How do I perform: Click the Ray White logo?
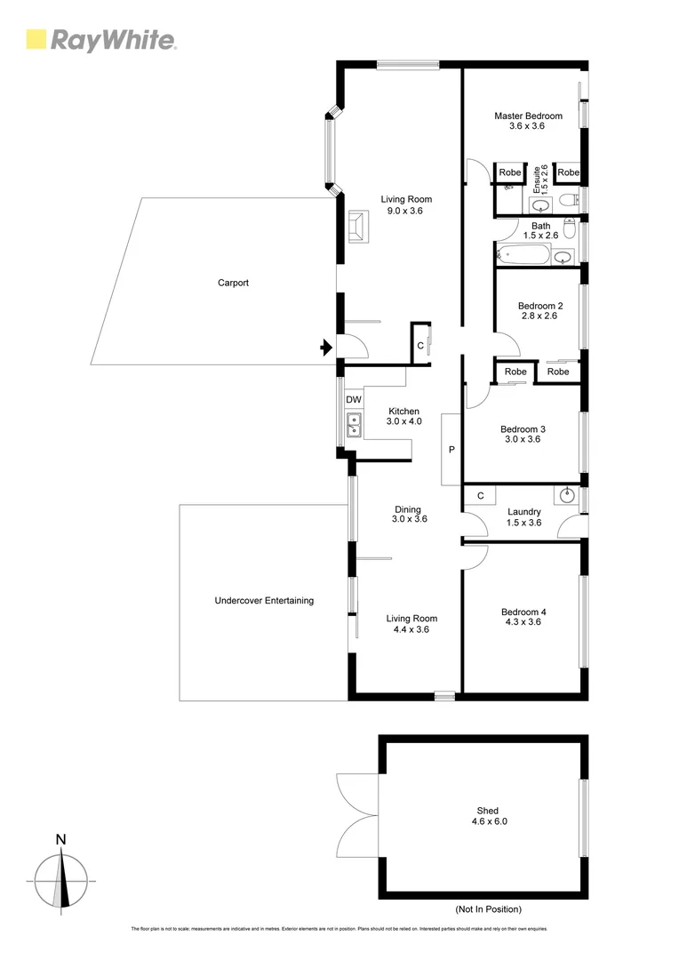[x=101, y=40]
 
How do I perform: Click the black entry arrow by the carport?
[x=326, y=348]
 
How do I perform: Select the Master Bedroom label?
[x=528, y=116]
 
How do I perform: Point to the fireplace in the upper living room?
[x=359, y=226]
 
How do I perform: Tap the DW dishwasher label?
[x=353, y=400]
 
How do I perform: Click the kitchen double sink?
[x=354, y=426]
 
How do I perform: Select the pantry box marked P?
[x=451, y=450]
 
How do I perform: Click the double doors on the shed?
[x=357, y=817]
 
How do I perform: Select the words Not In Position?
[x=487, y=909]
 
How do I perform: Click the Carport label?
[x=233, y=283]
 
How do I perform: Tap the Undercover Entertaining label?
[x=264, y=601]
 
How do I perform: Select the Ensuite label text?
[x=537, y=180]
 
